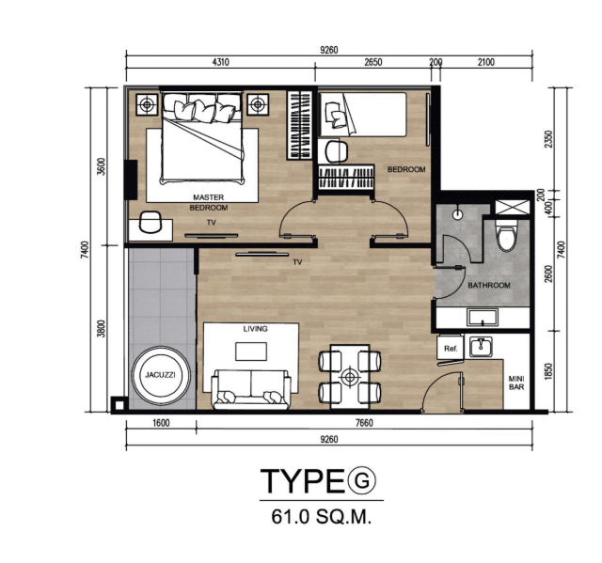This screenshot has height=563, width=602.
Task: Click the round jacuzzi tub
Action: click(x=161, y=375)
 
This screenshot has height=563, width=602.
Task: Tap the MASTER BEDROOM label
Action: click(x=209, y=202)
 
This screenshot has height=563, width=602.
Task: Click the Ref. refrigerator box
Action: click(x=451, y=348)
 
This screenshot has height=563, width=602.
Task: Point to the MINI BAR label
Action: click(x=516, y=383)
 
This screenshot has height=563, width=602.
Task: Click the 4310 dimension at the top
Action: click(x=220, y=62)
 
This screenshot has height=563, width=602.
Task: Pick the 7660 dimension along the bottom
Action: click(x=364, y=423)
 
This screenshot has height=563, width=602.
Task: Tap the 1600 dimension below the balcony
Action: click(x=161, y=423)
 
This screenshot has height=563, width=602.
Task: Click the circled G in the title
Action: click(x=361, y=480)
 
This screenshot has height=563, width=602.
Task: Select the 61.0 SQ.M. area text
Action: click(x=322, y=517)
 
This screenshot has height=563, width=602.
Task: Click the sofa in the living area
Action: click(x=251, y=389)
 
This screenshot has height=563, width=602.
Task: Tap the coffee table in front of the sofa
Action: click(x=251, y=352)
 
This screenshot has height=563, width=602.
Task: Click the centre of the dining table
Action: click(x=350, y=377)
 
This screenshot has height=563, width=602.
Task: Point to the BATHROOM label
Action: click(x=489, y=286)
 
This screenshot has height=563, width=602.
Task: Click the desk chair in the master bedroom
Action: click(x=150, y=222)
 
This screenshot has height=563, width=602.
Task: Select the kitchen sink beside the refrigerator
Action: click(x=479, y=346)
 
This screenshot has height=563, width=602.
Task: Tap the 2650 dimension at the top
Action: click(x=372, y=62)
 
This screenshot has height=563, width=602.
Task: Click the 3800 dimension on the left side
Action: click(x=101, y=328)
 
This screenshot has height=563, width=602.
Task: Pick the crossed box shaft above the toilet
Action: click(x=512, y=208)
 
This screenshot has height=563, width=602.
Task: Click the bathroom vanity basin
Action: click(x=483, y=318)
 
